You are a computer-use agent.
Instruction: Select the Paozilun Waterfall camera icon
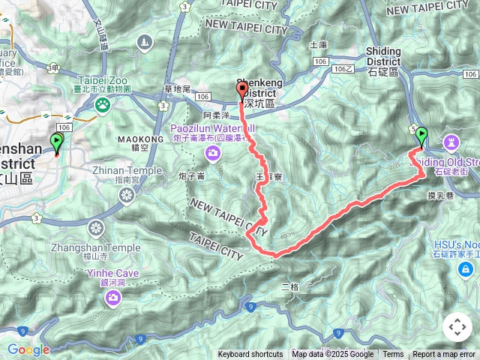[213, 154]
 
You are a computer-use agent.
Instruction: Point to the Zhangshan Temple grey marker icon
[96, 228]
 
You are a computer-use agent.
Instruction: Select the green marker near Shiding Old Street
[421, 136]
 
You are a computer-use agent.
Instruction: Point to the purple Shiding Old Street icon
[451, 141]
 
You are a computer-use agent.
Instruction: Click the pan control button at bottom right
[457, 327]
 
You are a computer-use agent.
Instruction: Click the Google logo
[28, 349]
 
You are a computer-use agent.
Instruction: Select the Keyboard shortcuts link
[250, 355]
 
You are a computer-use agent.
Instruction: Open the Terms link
[393, 355]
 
